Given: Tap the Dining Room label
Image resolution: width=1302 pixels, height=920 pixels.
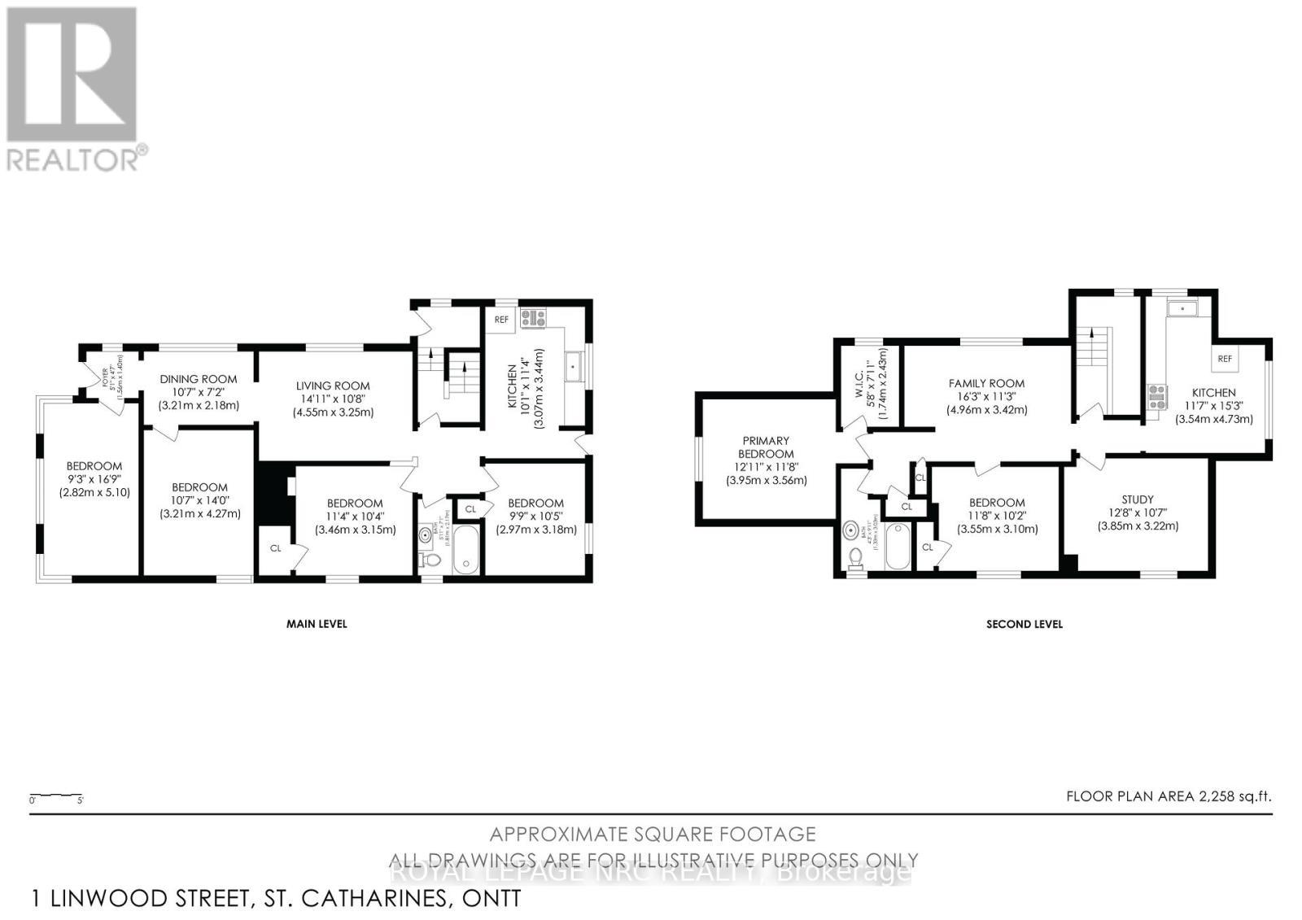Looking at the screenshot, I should pyautogui.click(x=198, y=378).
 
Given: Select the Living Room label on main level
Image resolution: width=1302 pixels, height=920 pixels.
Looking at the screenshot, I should pyautogui.click(x=332, y=386).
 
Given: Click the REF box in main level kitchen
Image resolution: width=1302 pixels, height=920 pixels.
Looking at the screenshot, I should pyautogui.click(x=501, y=320).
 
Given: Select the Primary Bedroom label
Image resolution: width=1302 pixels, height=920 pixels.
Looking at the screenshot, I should pyautogui.click(x=765, y=447).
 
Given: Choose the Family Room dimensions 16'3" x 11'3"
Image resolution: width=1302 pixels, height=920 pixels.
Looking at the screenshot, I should pyautogui.click(x=986, y=396).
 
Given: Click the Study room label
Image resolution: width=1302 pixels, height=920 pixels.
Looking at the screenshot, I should pyautogui.click(x=1137, y=499).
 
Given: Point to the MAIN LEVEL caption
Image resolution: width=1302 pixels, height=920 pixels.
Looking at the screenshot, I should pyautogui.click(x=317, y=624).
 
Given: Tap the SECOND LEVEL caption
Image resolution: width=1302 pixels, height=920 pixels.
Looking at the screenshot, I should pyautogui.click(x=1024, y=624).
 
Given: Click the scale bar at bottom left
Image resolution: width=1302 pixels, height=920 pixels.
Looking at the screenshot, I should pyautogui.click(x=55, y=795).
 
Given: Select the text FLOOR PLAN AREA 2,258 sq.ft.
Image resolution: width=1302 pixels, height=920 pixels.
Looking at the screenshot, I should pyautogui.click(x=1168, y=796).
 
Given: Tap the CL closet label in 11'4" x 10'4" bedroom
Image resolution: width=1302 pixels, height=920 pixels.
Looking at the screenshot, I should pyautogui.click(x=275, y=548).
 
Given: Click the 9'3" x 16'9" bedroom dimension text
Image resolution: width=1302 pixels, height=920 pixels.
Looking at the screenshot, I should pyautogui.click(x=94, y=479).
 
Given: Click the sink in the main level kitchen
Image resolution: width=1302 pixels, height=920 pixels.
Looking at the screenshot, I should pyautogui.click(x=575, y=366).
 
